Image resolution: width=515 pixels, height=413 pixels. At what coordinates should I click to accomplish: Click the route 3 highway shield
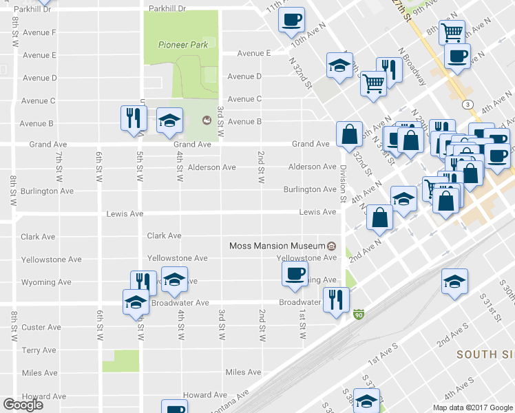coord(467,104)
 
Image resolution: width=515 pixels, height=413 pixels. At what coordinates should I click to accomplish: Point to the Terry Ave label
coord(39,350)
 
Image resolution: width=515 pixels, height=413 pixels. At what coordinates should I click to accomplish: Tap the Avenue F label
coord(39,32)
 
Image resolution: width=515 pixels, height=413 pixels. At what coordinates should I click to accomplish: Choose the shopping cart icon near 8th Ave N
coord(452,32)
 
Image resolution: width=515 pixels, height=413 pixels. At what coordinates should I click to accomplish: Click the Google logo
coord(23,405)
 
